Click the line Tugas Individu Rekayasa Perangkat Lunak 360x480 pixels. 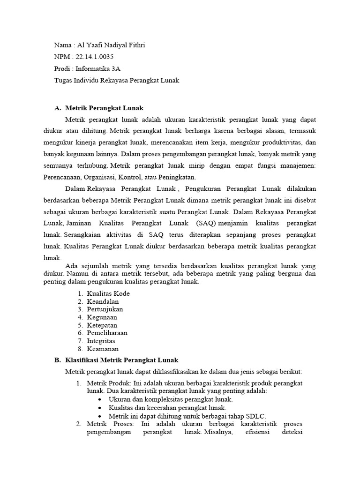coord(117,80)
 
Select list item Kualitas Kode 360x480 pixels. coord(108,293)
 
